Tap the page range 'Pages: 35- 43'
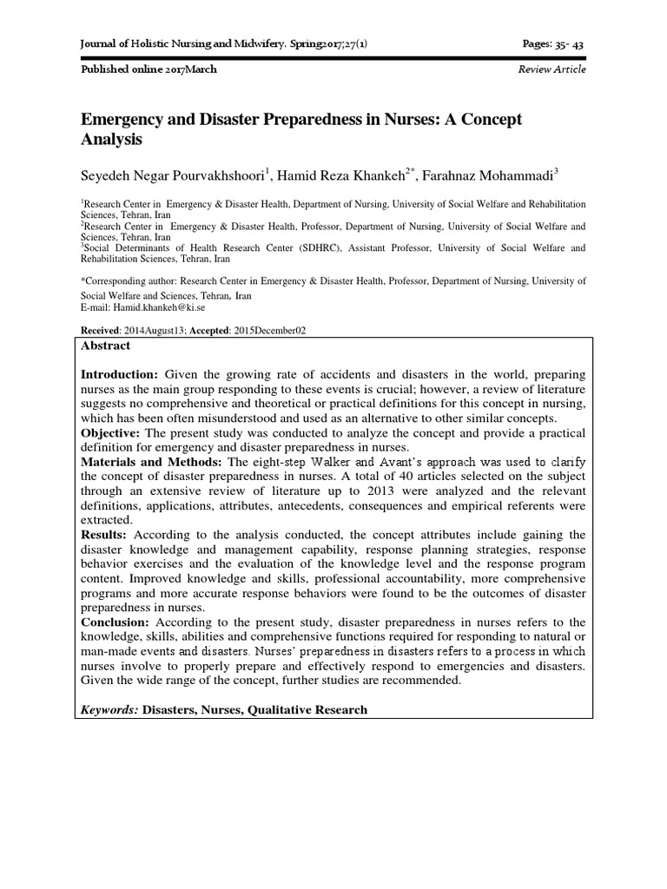pos(551,43)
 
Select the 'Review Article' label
pos(551,69)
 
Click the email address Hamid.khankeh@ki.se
pos(151,308)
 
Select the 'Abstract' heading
pos(105,346)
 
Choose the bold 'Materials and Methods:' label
pos(151,462)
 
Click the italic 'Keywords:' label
pos(109,709)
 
